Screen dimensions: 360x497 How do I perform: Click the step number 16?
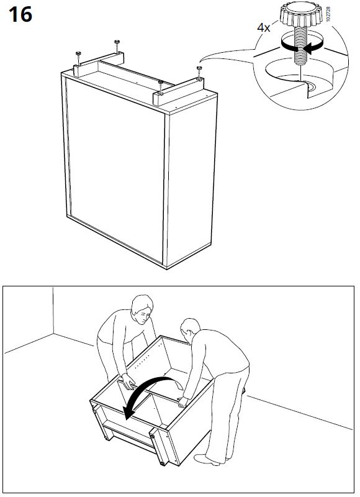[x=20, y=14]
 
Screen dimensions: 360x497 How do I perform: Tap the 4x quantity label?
[x=263, y=27]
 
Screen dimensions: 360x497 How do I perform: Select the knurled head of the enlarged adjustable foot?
[x=300, y=14]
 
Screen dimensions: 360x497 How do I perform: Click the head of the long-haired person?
[x=142, y=309]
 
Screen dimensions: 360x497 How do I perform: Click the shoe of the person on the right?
[x=207, y=460]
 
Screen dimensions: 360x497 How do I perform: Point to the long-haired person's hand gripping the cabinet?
[x=128, y=381]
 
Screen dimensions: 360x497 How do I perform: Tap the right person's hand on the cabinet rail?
[x=183, y=402]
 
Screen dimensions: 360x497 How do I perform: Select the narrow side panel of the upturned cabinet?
[x=191, y=185]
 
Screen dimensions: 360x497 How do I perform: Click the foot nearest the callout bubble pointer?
[x=199, y=68]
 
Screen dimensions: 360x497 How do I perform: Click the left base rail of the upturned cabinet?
[x=99, y=64]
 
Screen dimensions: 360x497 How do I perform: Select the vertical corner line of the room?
[x=53, y=310]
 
